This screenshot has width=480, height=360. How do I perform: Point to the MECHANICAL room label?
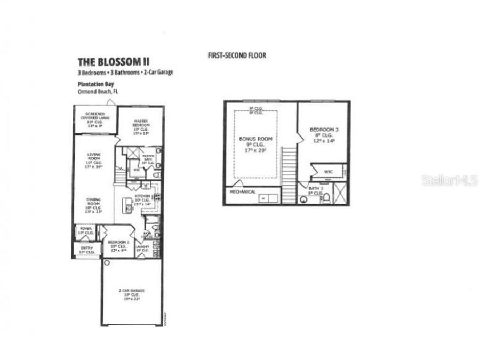243,191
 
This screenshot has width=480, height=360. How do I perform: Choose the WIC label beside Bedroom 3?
328,172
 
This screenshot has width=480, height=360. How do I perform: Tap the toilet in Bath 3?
327,198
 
